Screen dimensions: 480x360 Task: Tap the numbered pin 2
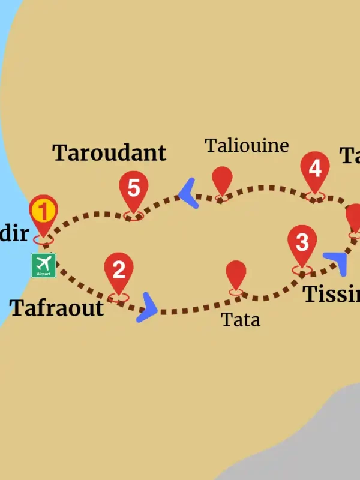tap(119, 271)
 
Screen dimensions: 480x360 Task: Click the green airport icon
tap(44, 265)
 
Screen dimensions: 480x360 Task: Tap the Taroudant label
tap(109, 153)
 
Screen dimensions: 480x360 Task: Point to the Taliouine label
tap(247, 146)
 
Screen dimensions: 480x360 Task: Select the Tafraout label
tap(57, 308)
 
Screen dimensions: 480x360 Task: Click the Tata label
tap(241, 320)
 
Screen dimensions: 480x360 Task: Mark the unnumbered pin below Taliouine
tap(223, 181)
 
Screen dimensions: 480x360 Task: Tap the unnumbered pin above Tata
tap(236, 275)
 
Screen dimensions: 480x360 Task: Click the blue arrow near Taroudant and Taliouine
tap(189, 193)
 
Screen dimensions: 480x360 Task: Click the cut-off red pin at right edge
tap(354, 219)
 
